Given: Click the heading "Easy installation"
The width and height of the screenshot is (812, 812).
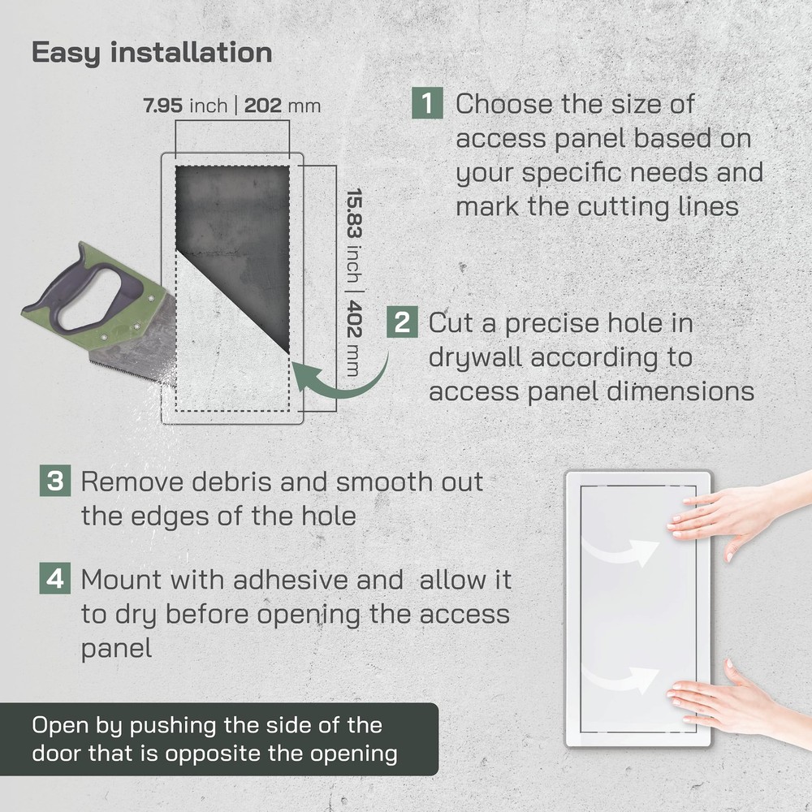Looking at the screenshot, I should (x=152, y=53).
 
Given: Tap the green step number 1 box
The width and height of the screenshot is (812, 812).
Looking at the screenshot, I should (x=427, y=104).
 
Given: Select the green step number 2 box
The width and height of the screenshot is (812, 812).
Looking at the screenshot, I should (x=402, y=322).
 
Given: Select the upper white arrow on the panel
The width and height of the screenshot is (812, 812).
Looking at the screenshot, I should (x=625, y=551).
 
